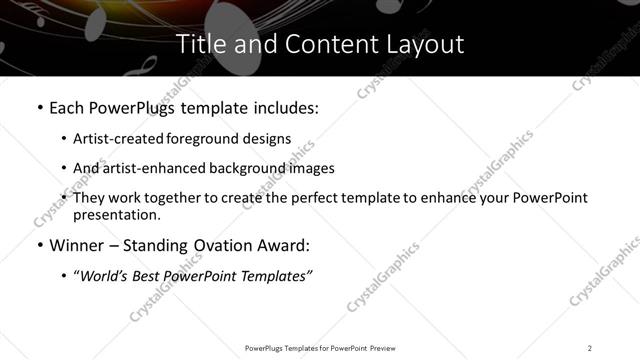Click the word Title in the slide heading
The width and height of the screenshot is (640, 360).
[199, 44]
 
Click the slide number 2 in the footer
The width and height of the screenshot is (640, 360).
[589, 348]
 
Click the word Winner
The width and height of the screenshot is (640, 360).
[77, 245]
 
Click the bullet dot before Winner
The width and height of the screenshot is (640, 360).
[38, 245]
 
